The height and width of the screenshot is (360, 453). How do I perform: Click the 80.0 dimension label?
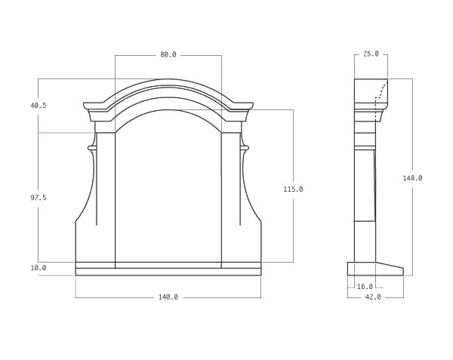(x=168, y=54)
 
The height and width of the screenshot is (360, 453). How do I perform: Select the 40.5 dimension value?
(x=39, y=106)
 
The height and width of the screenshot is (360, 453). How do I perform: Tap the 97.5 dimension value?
(x=39, y=197)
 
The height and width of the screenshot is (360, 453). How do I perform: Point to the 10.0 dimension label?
(x=39, y=268)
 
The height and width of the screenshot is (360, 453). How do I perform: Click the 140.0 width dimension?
(x=168, y=297)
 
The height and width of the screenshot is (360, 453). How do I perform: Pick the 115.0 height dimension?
(x=293, y=189)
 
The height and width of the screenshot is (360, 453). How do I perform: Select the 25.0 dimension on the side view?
(x=371, y=54)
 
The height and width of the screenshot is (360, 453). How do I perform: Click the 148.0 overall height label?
(x=412, y=178)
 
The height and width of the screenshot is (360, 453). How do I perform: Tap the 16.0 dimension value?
(x=365, y=287)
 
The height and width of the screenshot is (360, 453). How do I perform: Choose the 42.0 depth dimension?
(x=374, y=297)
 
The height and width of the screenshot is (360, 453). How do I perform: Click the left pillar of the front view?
(x=106, y=196)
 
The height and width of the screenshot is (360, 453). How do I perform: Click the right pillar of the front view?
(x=230, y=196)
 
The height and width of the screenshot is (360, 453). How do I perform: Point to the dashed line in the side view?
(x=382, y=94)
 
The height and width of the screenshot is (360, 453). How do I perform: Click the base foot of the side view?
(x=374, y=269)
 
